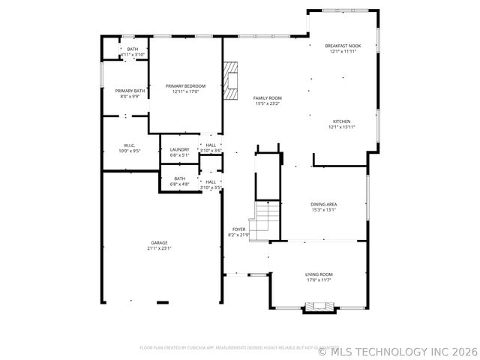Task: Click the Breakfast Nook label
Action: (x=343, y=46)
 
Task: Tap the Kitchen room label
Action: (x=342, y=121)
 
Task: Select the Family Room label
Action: (x=267, y=98)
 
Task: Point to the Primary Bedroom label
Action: (x=185, y=86)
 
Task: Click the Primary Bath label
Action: (x=124, y=91)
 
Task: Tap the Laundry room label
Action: (x=179, y=149)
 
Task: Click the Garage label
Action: (x=159, y=242)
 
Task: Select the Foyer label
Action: (x=238, y=229)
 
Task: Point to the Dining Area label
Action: (x=323, y=204)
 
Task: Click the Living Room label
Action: (x=319, y=274)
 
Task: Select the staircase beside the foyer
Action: (x=263, y=220)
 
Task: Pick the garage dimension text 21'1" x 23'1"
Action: (x=159, y=248)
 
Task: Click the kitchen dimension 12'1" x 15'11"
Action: (x=342, y=127)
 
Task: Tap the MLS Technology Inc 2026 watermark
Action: (x=397, y=350)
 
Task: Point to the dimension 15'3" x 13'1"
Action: (x=323, y=210)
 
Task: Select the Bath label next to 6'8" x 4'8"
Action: (x=179, y=178)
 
